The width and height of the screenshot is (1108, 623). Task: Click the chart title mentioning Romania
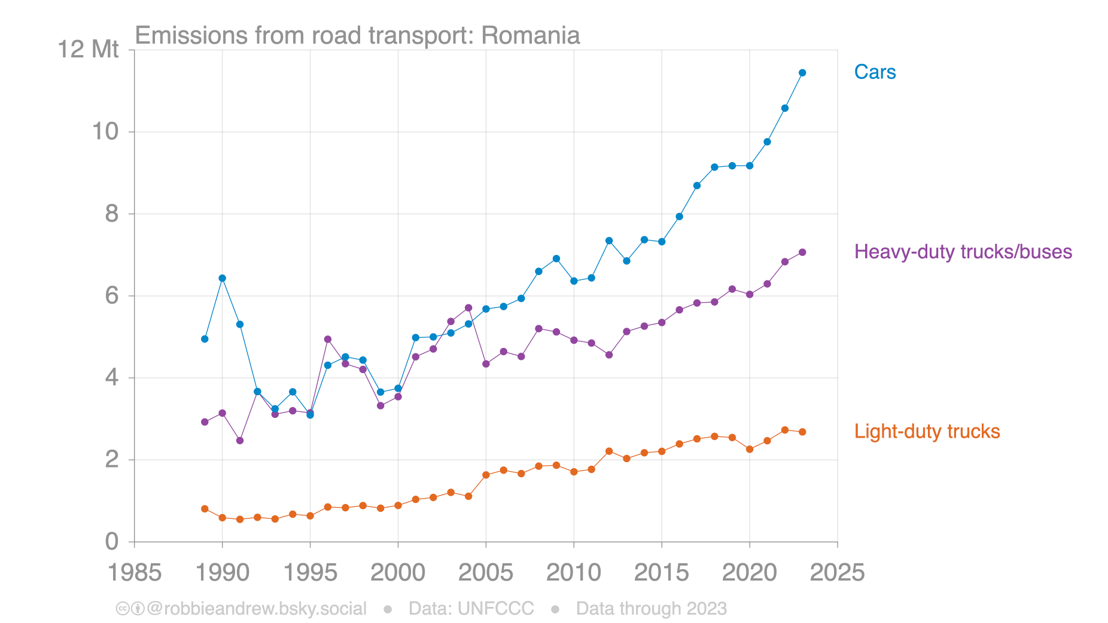[357, 36]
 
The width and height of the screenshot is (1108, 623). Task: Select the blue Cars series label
[875, 72]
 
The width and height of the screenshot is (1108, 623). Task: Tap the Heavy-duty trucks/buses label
[963, 252]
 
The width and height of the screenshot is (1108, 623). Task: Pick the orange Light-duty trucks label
[927, 432]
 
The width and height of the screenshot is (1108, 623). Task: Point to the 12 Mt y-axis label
[88, 50]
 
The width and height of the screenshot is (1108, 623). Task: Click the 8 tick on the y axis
[112, 214]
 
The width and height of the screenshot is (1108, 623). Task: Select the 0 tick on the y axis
[112, 542]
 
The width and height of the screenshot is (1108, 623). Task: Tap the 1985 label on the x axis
[135, 573]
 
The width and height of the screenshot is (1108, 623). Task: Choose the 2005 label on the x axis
[486, 573]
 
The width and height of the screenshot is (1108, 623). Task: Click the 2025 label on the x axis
[837, 573]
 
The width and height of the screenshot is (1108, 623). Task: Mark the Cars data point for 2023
[802, 73]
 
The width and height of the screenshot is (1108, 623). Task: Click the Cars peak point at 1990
[223, 278]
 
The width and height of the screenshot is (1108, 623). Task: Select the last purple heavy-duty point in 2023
[802, 252]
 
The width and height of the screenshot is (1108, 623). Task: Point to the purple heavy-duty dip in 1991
[240, 441]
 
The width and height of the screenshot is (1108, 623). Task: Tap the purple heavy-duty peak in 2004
[468, 308]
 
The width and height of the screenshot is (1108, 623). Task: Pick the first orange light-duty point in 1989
[205, 509]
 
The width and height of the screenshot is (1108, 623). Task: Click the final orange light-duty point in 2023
[802, 432]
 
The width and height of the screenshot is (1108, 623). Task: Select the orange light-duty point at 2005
[486, 475]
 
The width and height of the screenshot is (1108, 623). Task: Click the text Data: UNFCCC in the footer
[471, 609]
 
